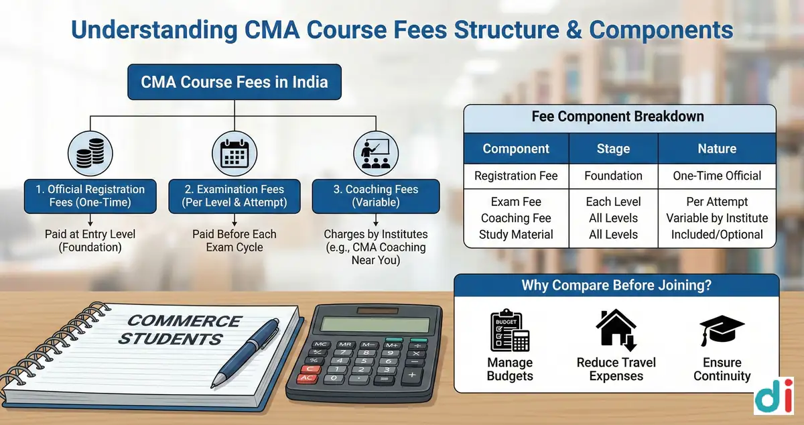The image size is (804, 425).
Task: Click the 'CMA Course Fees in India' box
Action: pyautogui.click(x=234, y=82)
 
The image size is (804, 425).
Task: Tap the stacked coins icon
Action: pyautogui.click(x=90, y=154)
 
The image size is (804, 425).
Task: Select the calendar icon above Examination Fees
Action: pyautogui.click(x=234, y=154)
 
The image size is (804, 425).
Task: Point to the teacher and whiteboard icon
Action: pyautogui.click(x=376, y=154)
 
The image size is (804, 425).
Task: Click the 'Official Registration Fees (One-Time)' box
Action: pyautogui.click(x=90, y=196)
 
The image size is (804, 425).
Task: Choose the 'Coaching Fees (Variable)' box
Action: pyautogui.click(x=376, y=196)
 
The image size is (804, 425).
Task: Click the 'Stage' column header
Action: pyautogui.click(x=614, y=149)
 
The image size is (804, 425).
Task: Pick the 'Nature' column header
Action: pyautogui.click(x=717, y=149)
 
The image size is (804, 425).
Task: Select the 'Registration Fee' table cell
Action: pyautogui.click(x=516, y=176)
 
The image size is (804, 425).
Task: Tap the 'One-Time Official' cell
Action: pyautogui.click(x=717, y=176)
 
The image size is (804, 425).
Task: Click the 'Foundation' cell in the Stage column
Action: pyautogui.click(x=614, y=176)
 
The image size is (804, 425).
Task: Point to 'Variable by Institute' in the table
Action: pyautogui.click(x=717, y=218)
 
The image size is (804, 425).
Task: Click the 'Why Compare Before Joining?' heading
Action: pyautogui.click(x=616, y=286)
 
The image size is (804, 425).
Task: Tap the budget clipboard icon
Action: pyautogui.click(x=510, y=330)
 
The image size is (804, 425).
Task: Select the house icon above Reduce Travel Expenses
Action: pyautogui.click(x=616, y=330)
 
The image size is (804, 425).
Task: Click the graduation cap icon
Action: pyautogui.click(x=722, y=330)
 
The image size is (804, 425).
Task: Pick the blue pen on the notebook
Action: pyautogui.click(x=245, y=353)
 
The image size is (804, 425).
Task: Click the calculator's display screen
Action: pyautogui.click(x=375, y=325)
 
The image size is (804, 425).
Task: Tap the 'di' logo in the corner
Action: pyautogui.click(x=773, y=396)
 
